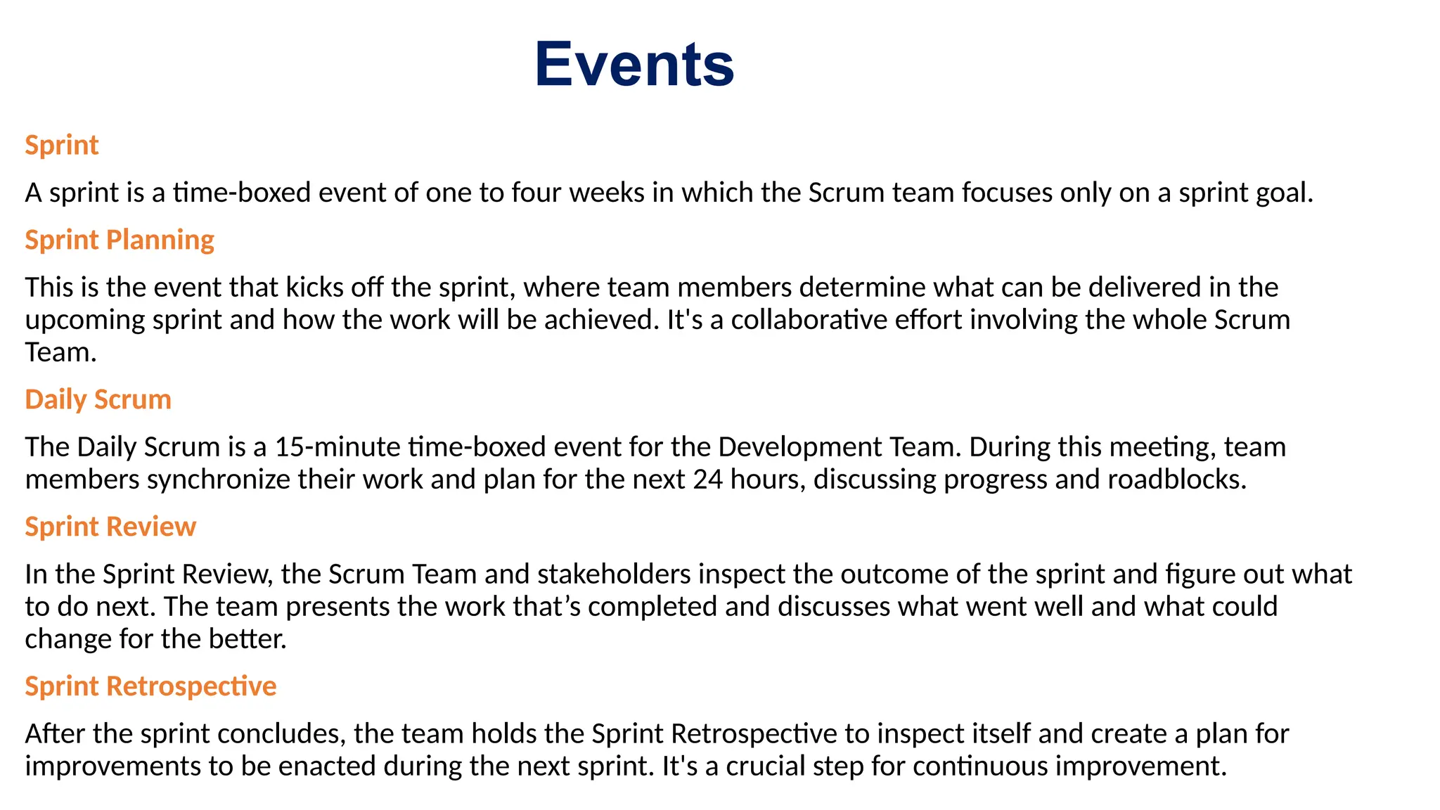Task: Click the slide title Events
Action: pos(634,65)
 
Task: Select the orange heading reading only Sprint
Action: pos(62,146)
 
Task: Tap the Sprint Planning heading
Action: pos(120,240)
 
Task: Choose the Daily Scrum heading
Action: pos(98,400)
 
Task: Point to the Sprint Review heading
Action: pos(110,527)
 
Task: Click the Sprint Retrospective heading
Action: pos(150,687)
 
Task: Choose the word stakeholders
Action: pos(614,574)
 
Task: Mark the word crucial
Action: pos(765,766)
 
